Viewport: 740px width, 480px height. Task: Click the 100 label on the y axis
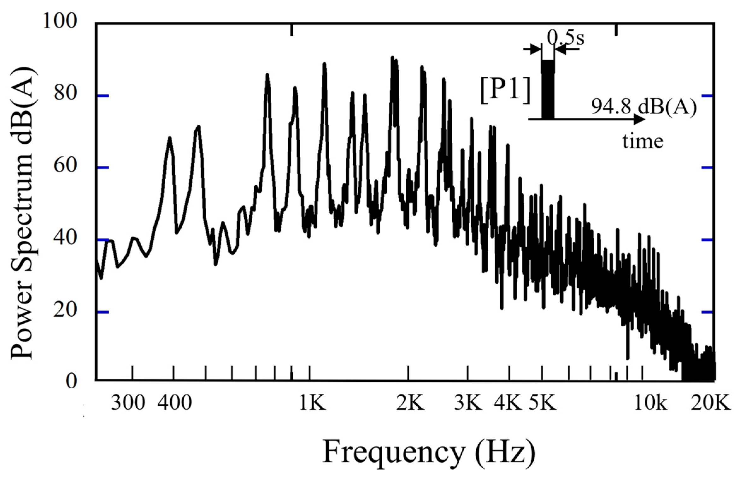(60, 22)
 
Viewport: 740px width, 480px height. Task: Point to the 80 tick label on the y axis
(66, 94)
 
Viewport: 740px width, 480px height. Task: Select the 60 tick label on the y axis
(66, 166)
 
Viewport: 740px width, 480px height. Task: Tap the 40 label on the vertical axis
(66, 238)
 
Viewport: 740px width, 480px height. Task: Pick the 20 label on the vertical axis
(66, 310)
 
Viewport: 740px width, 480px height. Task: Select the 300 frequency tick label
(128, 403)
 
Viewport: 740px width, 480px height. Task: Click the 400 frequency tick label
(175, 403)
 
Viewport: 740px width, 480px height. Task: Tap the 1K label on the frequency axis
(312, 403)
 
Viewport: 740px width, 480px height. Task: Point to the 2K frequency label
(410, 403)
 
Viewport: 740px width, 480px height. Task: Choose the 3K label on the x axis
(468, 403)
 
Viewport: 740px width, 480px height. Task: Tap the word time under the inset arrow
(643, 141)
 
